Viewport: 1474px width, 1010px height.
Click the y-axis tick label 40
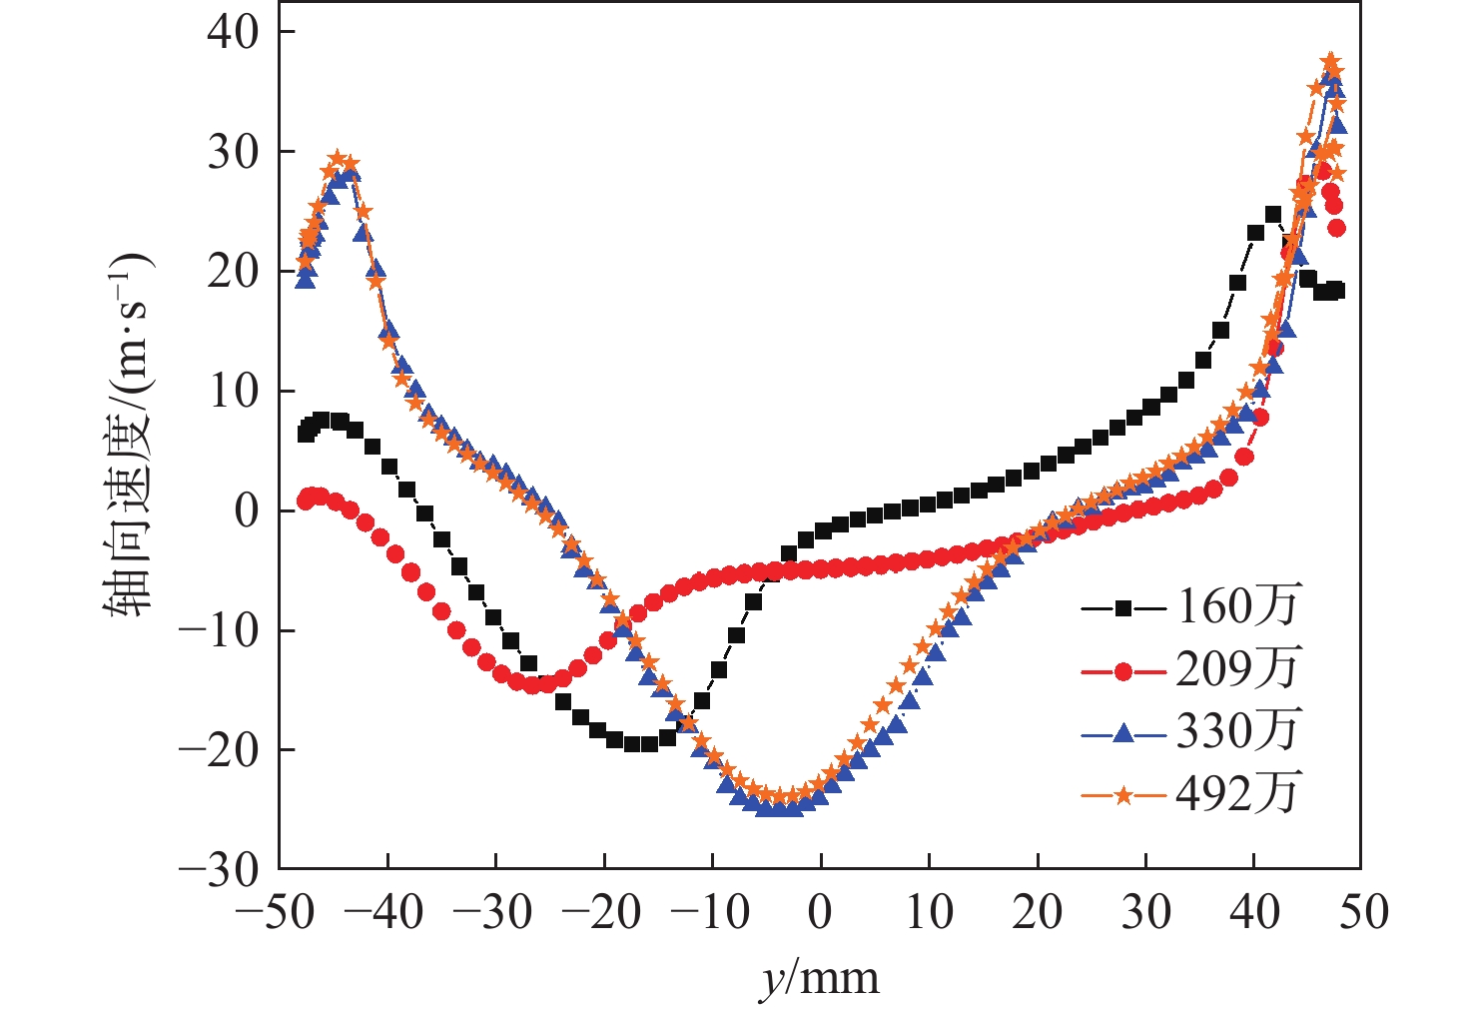232,32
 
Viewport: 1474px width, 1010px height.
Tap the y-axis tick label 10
232,391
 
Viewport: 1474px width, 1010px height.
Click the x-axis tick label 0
820,912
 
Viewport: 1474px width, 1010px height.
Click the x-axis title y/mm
820,979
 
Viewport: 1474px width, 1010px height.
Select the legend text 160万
1238,606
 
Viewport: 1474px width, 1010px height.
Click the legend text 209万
1238,669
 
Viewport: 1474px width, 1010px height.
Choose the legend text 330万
1238,732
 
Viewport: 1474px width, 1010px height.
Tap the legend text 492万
1238,794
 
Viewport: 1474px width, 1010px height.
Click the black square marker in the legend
1123,607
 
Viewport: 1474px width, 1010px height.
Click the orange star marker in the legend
1123,796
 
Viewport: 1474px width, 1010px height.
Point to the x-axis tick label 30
1146,912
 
